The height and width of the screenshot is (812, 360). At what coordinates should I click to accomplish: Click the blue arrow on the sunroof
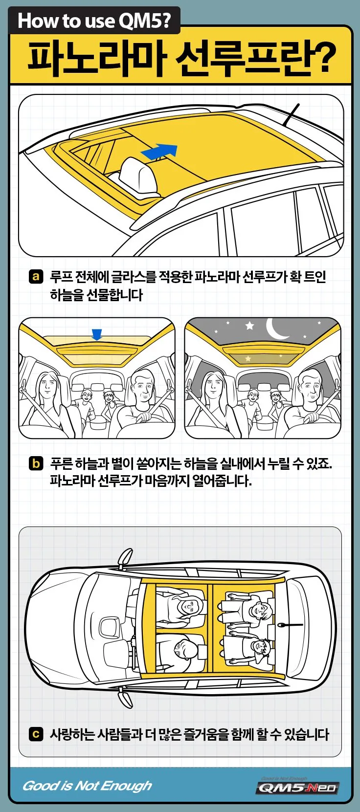159,151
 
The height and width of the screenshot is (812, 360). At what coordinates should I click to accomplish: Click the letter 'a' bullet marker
36,277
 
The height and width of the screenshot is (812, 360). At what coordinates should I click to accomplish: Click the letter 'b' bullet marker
36,463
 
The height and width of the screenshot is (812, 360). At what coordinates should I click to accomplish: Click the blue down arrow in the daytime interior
97,334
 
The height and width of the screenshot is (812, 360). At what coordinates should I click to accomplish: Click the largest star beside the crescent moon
250,326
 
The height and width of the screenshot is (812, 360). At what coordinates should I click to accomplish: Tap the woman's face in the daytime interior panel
47,386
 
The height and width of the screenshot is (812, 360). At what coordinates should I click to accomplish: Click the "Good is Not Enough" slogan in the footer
87,786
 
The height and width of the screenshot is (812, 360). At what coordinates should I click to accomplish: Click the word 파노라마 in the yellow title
95,59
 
